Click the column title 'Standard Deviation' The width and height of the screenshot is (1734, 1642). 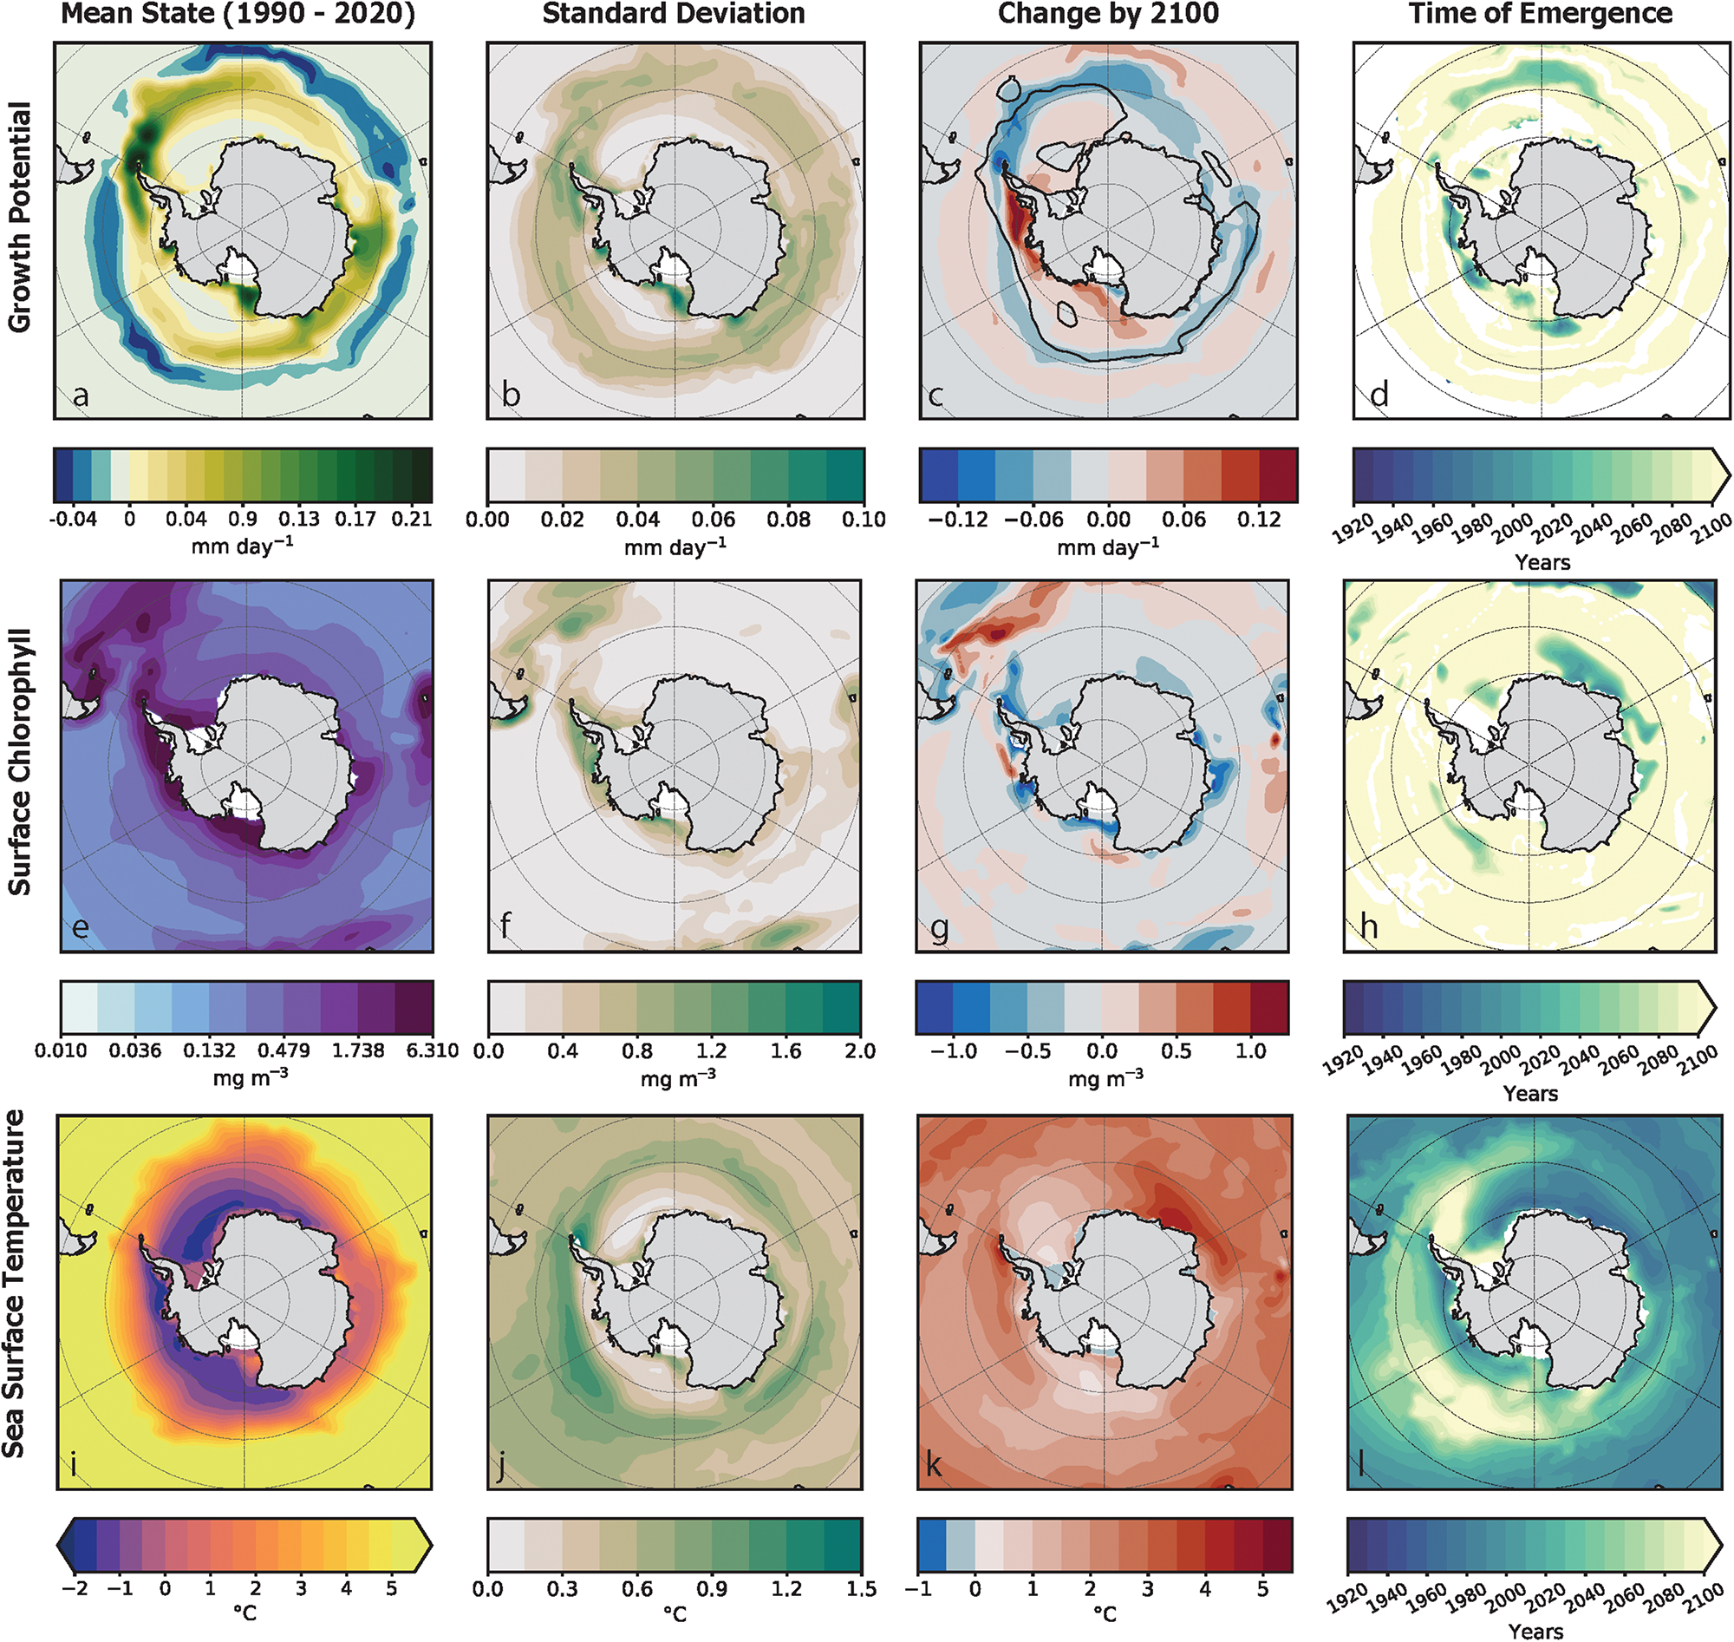coord(673,14)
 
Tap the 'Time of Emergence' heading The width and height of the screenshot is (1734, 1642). coord(1540,14)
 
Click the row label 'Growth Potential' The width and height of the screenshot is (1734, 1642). coord(19,217)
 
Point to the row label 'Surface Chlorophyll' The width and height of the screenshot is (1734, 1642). coord(19,762)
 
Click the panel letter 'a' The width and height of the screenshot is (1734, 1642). coord(81,396)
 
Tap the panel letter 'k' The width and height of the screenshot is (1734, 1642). coord(934,1465)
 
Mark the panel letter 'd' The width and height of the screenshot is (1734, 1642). coord(1379,396)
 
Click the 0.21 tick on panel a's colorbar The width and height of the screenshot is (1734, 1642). coord(411,519)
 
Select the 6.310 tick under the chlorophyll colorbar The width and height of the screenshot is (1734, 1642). coord(432,1050)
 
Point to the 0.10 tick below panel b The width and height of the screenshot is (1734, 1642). coord(864,519)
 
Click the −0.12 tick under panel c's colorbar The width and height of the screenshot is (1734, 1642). coord(958,519)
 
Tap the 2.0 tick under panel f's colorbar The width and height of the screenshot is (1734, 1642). coord(860,1050)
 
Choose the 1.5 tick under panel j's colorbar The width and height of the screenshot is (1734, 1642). coord(860,1589)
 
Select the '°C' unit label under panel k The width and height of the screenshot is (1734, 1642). coord(1104,1614)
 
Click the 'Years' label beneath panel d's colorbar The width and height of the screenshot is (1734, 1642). coord(1542,562)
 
